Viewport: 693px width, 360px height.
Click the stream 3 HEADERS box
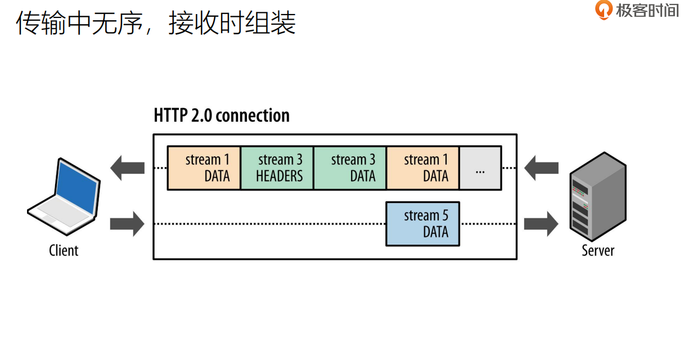click(x=277, y=168)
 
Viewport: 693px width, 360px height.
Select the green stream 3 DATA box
click(x=350, y=168)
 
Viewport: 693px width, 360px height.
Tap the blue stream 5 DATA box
click(x=422, y=224)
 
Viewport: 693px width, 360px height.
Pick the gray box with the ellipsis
click(x=480, y=168)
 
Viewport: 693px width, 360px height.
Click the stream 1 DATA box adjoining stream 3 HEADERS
click(x=204, y=168)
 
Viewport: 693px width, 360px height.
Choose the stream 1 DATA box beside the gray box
click(x=423, y=168)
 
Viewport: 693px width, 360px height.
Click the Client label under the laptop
click(x=64, y=250)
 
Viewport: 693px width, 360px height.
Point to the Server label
click(x=598, y=250)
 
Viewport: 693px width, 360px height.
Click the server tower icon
click(x=598, y=194)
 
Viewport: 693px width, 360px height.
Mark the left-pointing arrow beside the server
click(x=541, y=168)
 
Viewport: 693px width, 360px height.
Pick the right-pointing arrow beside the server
click(x=541, y=224)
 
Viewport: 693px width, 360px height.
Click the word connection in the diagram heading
click(x=253, y=116)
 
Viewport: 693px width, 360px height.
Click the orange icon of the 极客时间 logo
click(x=604, y=10)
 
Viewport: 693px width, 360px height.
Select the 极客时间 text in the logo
click(x=647, y=10)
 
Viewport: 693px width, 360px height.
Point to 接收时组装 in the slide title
click(x=232, y=24)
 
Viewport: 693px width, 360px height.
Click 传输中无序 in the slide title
click(x=79, y=24)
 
